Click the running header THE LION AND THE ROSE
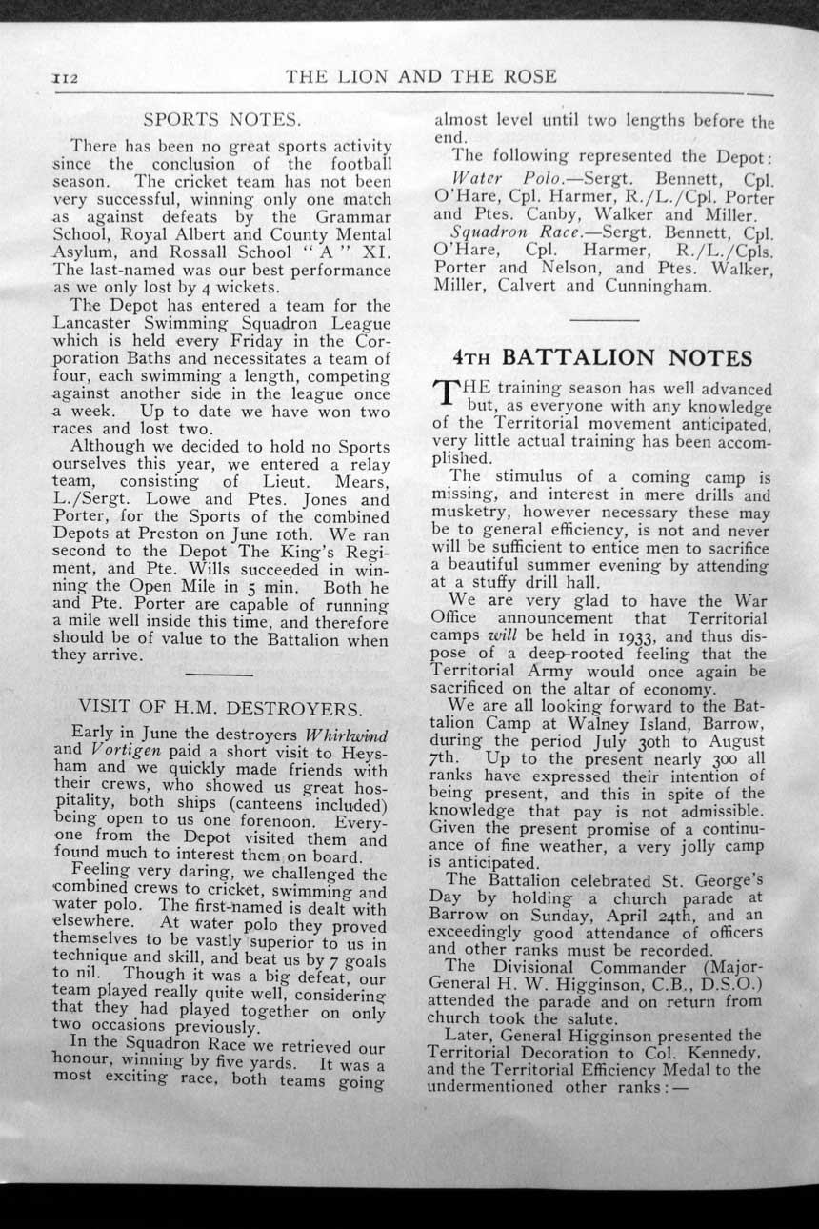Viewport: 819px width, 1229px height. [421, 76]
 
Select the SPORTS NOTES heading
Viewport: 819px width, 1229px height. [222, 120]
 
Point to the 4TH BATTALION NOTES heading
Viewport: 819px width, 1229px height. [603, 357]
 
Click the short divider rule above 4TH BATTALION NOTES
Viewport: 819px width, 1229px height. [604, 319]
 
